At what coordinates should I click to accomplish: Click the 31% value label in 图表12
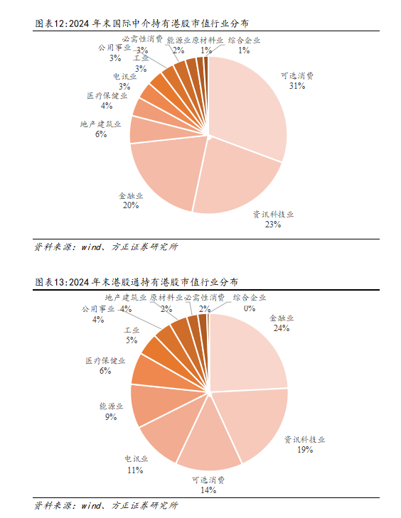click(x=297, y=86)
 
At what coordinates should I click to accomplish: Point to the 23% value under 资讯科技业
click(x=273, y=225)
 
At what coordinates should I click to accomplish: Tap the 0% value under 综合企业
click(x=250, y=308)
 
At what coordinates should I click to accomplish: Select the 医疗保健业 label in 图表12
click(x=107, y=96)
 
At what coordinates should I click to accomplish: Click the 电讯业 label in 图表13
click(x=137, y=459)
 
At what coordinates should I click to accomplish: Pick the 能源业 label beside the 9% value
click(x=111, y=406)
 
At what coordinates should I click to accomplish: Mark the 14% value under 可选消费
click(x=208, y=490)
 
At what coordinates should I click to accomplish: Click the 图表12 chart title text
click(x=141, y=23)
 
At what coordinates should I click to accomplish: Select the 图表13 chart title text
click(x=137, y=282)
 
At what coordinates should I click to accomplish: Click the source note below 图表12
click(x=106, y=247)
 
